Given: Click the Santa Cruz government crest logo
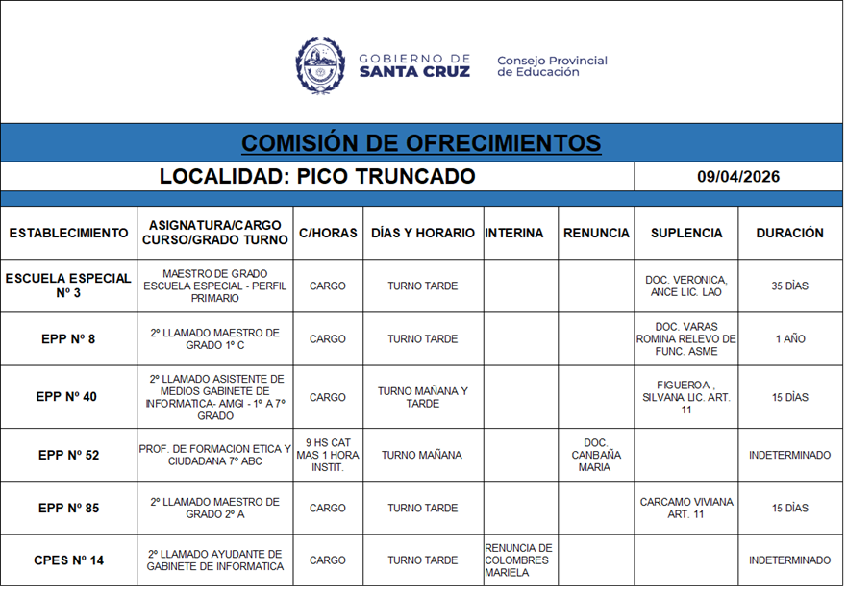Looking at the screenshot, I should pos(320,65).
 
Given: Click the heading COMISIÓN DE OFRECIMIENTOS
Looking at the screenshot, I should pos(421,143).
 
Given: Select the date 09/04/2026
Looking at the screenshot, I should pos(737,177).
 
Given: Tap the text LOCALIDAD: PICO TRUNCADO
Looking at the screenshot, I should pos(317,177).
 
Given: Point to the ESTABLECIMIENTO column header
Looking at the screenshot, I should pos(68,233).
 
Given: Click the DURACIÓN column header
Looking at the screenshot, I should pos(789,233).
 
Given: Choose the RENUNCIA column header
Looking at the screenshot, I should pos(596,233).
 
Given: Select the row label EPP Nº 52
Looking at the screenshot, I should pos(68,455).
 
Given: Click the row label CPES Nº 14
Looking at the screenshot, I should pos(68,560).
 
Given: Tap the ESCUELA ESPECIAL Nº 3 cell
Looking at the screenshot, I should pos(68,286).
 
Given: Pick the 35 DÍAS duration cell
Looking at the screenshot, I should pos(789,286).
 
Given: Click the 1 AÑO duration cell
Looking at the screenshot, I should pos(789,339).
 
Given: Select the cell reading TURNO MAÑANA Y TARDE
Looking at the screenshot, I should pos(423,397).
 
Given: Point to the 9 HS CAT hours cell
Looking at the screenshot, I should pos(327,455).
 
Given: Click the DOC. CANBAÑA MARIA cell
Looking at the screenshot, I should pos(596,455).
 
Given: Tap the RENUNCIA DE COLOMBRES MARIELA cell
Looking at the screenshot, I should pos(519,560).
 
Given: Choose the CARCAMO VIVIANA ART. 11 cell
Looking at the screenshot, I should pos(685,508).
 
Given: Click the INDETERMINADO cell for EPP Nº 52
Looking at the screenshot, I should pos(789,455).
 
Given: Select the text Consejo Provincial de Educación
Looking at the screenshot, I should pos(552,66).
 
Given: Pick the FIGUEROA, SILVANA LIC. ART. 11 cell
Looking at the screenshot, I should pos(685,397).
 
